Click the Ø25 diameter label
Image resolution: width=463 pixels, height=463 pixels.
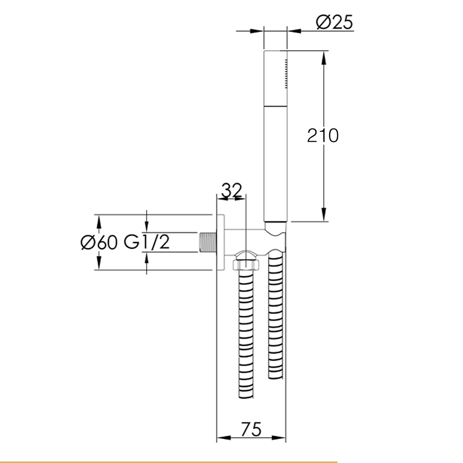click(x=335, y=22)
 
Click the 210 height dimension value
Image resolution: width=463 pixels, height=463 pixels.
click(x=323, y=136)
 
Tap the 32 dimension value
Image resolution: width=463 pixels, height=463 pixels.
click(x=232, y=190)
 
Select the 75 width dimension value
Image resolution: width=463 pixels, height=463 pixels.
click(x=251, y=429)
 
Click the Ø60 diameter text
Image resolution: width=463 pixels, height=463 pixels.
click(x=99, y=242)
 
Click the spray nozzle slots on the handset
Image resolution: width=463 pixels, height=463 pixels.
click(x=286, y=73)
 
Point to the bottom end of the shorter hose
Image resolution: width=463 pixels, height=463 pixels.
click(x=275, y=375)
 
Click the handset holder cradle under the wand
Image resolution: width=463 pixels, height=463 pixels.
click(x=276, y=229)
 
